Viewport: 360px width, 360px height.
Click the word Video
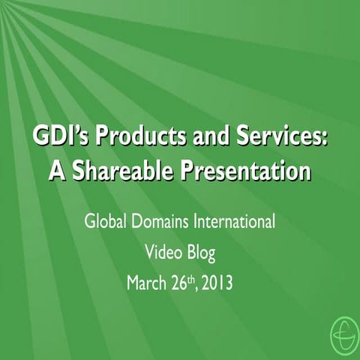pos(160,253)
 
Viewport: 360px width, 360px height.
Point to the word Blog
pos(199,254)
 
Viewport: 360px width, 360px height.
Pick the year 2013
pos(219,283)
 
